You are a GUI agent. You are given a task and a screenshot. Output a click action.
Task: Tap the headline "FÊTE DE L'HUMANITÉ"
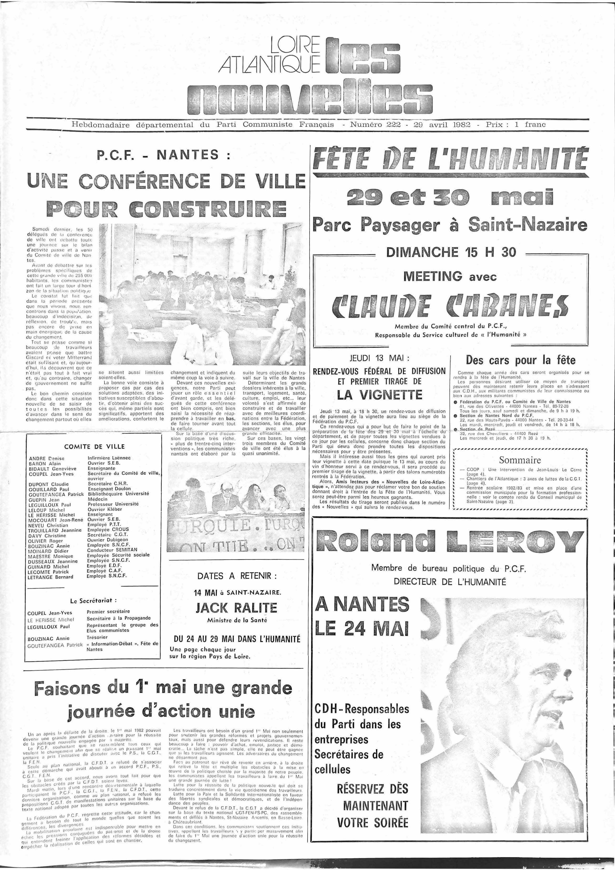point(450,159)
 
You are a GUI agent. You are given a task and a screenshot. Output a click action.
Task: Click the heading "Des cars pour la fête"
point(520,360)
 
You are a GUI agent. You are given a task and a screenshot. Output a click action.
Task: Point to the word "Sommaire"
point(519,460)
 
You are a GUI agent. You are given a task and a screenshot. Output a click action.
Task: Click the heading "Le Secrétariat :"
point(93,601)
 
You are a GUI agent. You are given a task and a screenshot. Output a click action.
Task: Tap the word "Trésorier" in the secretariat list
point(98,637)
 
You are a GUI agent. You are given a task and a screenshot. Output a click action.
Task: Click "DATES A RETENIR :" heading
point(237,576)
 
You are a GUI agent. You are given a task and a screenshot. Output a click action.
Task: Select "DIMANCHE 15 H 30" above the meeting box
point(451,252)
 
